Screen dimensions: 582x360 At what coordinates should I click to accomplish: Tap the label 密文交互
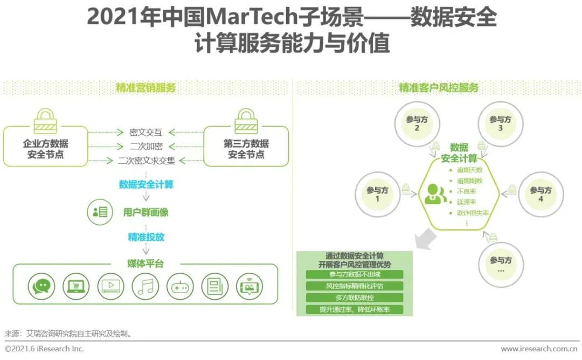pos(145,132)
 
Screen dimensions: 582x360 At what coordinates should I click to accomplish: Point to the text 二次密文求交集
pos(146,161)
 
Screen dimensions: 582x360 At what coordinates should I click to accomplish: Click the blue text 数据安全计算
pos(146,185)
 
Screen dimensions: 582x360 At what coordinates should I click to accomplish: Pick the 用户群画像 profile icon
pos(100,212)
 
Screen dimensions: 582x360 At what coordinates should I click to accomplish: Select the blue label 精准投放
pos(146,237)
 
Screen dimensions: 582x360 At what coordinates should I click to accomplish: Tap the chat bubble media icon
pos(40,286)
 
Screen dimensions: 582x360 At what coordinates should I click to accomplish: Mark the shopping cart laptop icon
pos(75,286)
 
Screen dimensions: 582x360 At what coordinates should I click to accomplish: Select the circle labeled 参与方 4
pos(541,194)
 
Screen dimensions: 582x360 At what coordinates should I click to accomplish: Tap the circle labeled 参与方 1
pos(377,194)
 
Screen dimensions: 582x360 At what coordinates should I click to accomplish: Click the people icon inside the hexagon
pos(434,193)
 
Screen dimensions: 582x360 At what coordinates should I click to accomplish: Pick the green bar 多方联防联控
pos(355,297)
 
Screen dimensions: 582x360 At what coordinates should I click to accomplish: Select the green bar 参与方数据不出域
pos(355,275)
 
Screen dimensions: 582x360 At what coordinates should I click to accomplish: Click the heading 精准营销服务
pos(145,88)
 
